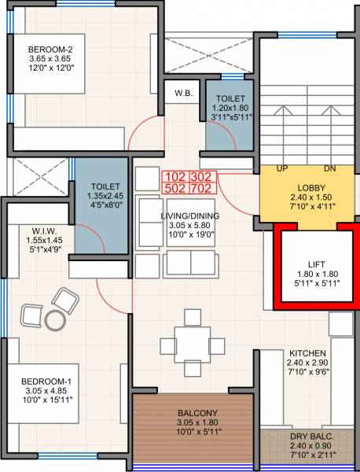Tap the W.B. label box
click(184, 94)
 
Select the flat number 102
click(174, 176)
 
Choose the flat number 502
click(174, 188)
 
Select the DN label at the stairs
click(329, 169)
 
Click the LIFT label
click(307, 264)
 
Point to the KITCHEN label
click(307, 353)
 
